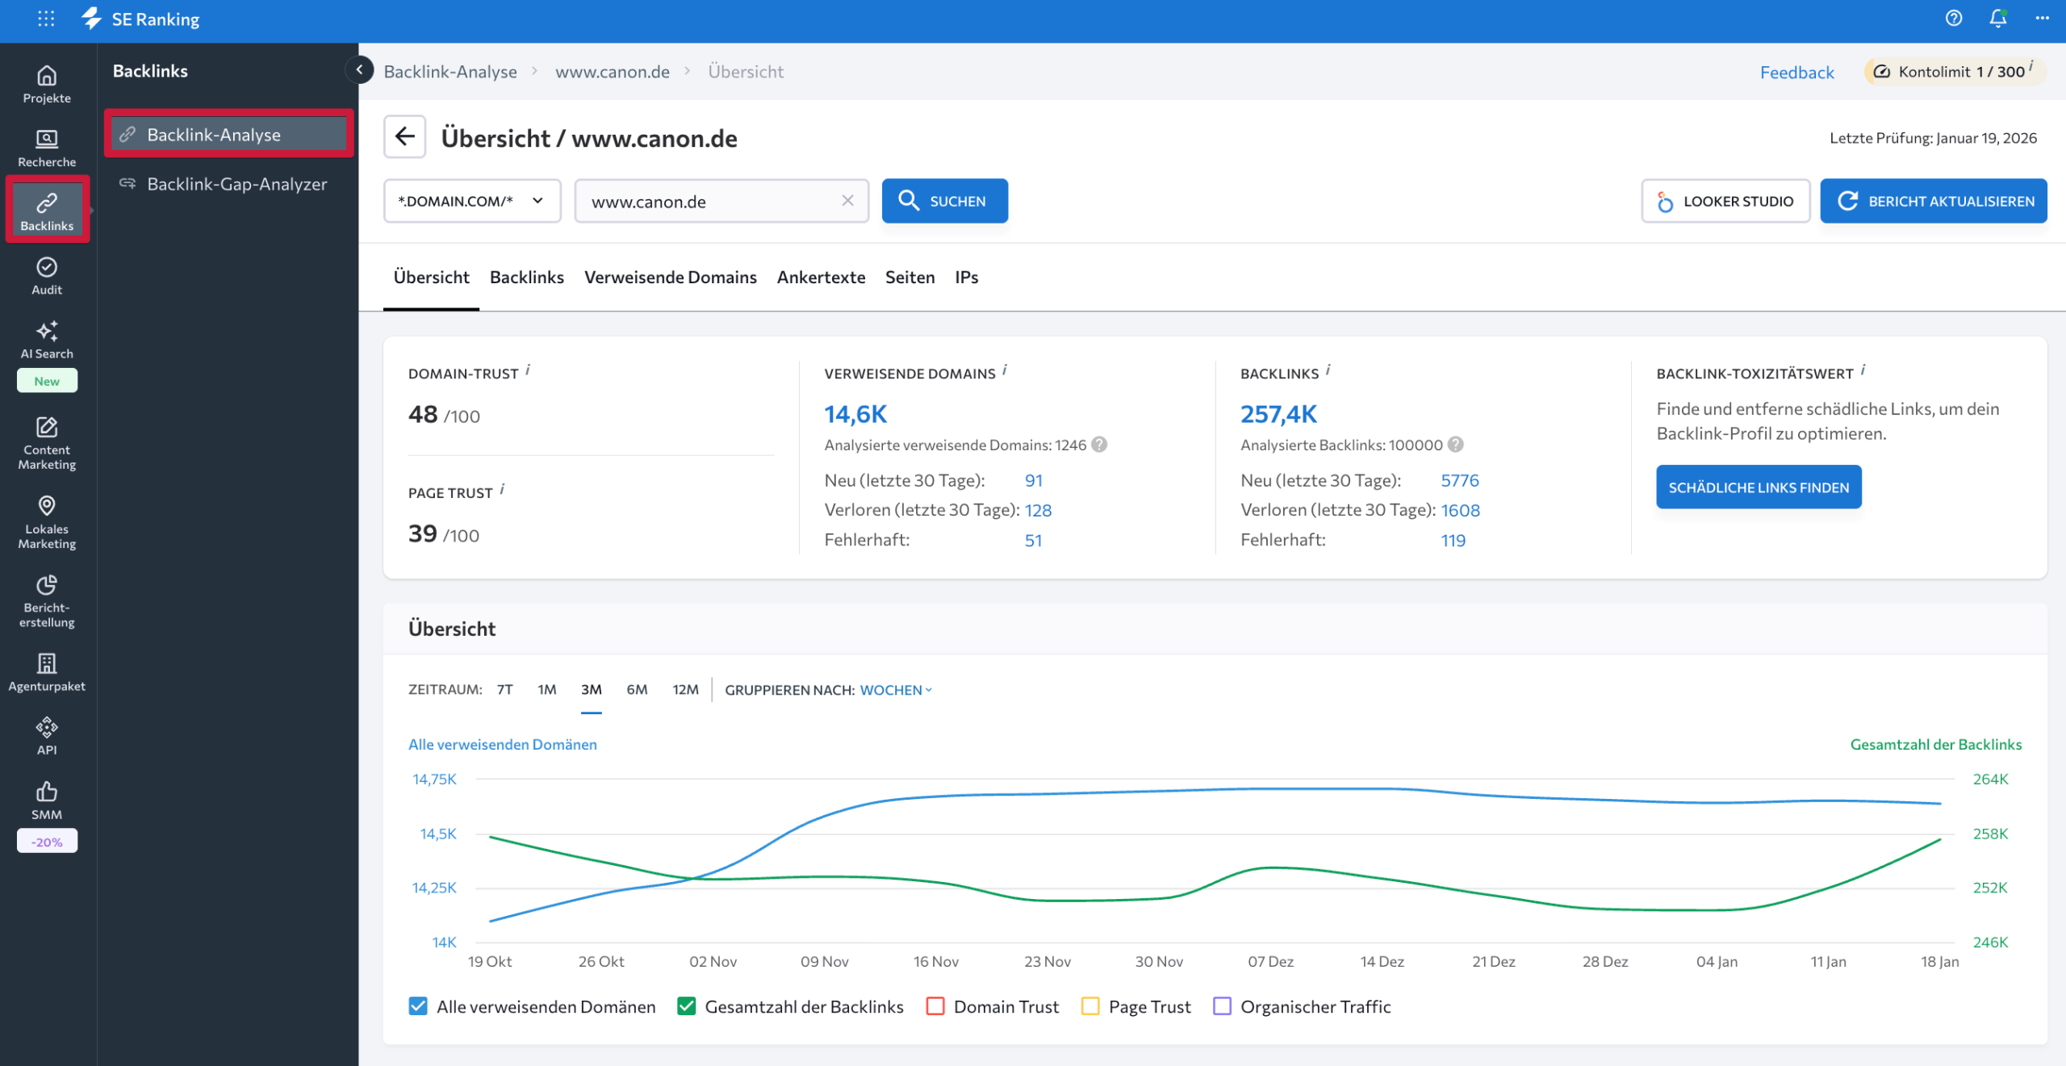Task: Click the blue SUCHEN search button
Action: (x=944, y=201)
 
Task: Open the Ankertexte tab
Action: (x=821, y=278)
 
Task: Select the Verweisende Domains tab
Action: (x=670, y=278)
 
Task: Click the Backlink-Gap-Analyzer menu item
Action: (x=236, y=184)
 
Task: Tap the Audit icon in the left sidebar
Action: (x=47, y=275)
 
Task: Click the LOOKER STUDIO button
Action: (x=1725, y=201)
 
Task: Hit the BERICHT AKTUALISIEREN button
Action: (x=1934, y=201)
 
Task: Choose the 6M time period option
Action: (x=637, y=690)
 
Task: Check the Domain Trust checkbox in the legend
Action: (x=935, y=1006)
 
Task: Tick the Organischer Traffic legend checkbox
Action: (x=1223, y=1006)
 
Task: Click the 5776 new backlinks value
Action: (x=1459, y=481)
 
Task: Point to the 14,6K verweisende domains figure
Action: (x=855, y=415)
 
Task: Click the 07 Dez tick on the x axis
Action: (x=1270, y=962)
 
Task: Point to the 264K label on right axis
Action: (x=1990, y=780)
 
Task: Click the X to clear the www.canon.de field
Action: (x=847, y=201)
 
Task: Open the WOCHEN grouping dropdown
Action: (x=896, y=690)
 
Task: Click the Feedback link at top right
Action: (x=1796, y=73)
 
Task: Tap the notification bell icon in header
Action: (x=1997, y=19)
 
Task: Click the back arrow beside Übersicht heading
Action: (x=405, y=137)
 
